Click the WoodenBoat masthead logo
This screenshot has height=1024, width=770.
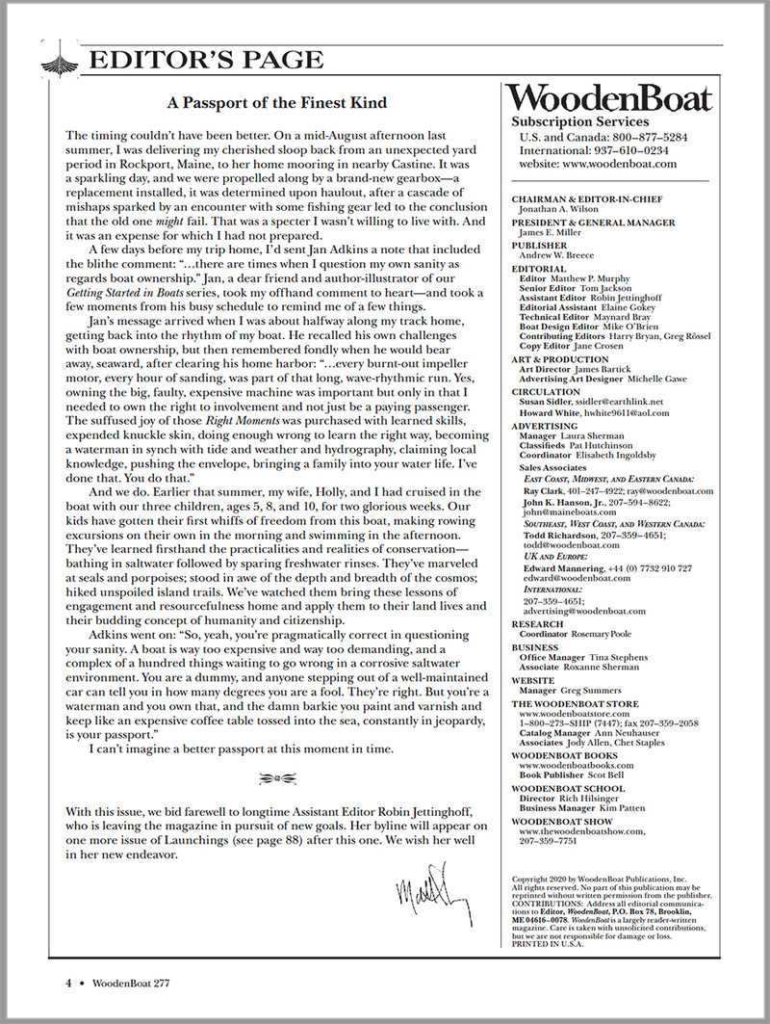coord(610,98)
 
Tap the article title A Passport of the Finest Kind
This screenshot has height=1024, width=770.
coord(277,102)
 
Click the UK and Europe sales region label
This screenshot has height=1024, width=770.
coord(555,557)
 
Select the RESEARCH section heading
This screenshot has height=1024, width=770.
coord(538,624)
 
